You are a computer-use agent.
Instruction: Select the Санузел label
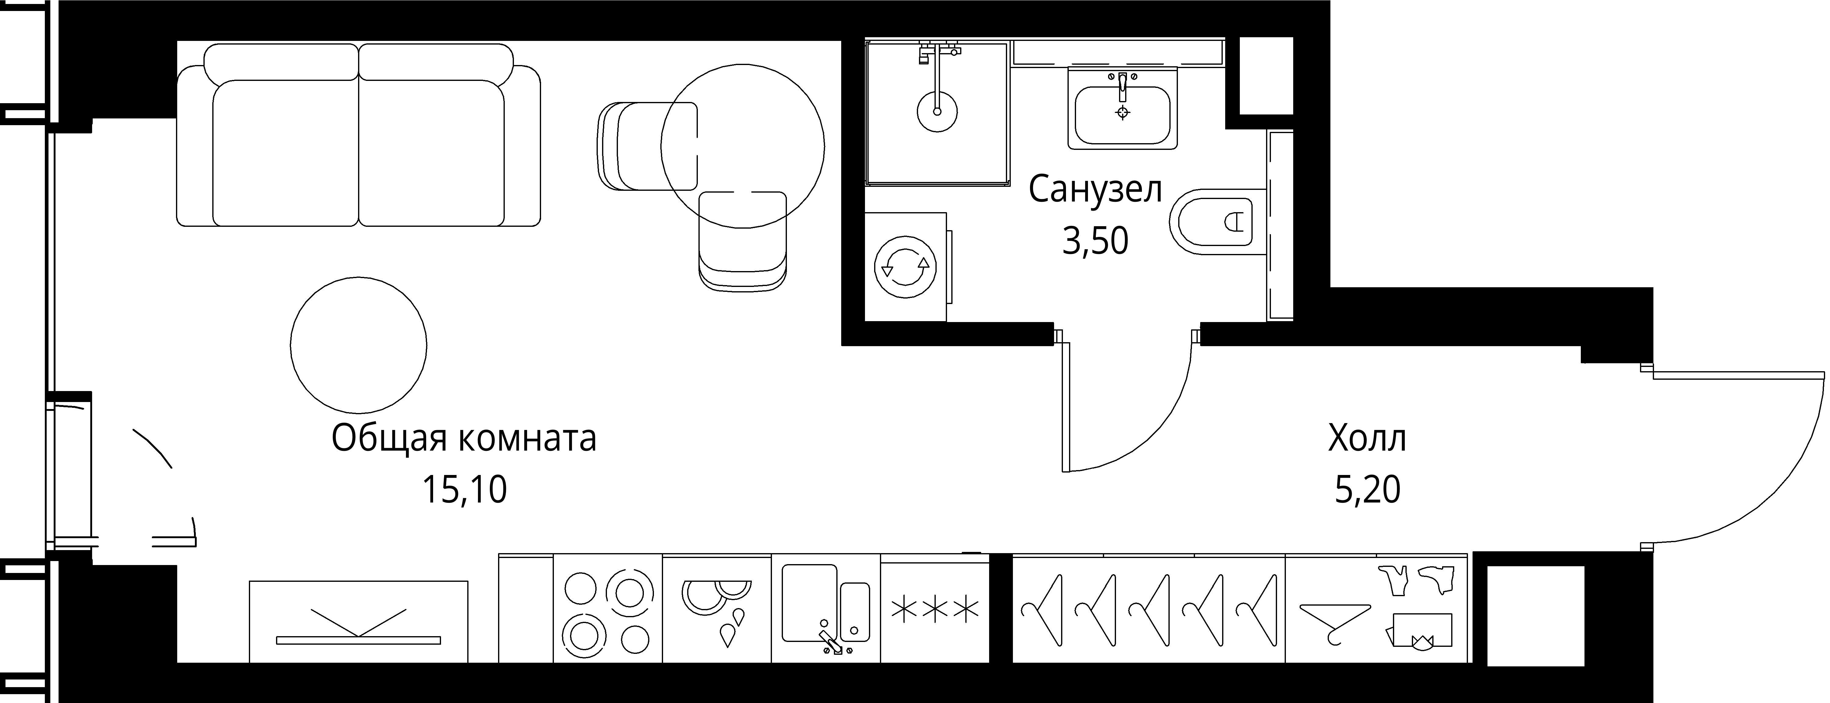coord(1095,190)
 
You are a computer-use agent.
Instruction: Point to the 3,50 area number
coord(1095,242)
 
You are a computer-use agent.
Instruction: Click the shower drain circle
coord(937,112)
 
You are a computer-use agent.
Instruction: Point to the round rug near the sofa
coord(359,346)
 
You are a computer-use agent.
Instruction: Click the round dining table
coord(742,146)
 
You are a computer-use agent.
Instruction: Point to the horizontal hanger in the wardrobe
coord(1334,618)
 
